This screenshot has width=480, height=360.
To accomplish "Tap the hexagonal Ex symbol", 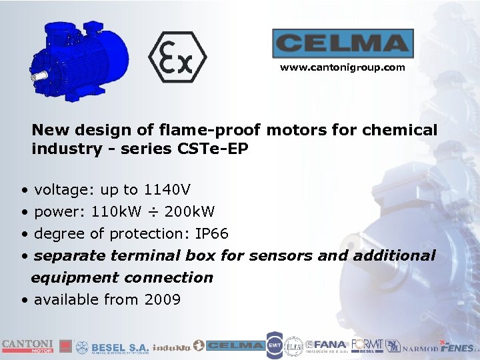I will (x=178, y=57).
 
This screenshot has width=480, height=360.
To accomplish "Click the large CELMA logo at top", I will (x=343, y=43).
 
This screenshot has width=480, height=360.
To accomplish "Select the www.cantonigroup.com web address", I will (x=342, y=67).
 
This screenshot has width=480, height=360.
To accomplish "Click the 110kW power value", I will (x=116, y=212).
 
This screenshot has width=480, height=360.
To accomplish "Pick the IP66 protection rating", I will (x=211, y=234).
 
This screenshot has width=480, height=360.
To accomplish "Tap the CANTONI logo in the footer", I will (x=27, y=345).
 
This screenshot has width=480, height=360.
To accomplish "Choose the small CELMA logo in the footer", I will (x=235, y=346).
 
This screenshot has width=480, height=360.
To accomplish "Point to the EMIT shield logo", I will (x=274, y=345).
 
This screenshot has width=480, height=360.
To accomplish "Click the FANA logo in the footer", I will (x=330, y=346).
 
